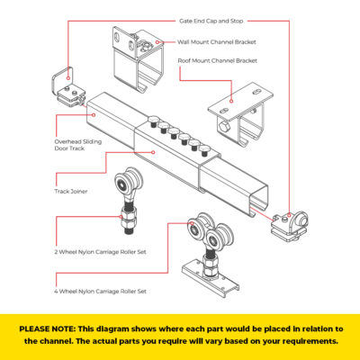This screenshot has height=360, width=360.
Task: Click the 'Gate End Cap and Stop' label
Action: click(211, 21)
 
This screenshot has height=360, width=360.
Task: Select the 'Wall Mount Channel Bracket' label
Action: click(217, 42)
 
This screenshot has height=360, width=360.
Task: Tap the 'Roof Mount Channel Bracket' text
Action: click(218, 60)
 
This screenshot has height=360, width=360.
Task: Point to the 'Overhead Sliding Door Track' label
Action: click(78, 145)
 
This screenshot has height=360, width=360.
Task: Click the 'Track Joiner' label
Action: click(71, 191)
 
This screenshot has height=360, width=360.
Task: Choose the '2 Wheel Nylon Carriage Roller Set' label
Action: click(100, 252)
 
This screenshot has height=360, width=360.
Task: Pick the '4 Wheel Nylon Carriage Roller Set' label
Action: click(100, 291)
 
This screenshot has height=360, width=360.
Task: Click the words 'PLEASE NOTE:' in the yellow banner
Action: click(48, 328)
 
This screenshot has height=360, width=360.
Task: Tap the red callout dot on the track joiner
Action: click(153, 152)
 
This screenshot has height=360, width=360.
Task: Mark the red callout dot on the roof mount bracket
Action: click(231, 101)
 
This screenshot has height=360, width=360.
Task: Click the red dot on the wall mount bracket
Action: click(157, 42)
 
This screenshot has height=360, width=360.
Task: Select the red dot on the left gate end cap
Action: click(68, 78)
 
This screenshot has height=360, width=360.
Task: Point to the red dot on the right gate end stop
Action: click(289, 215)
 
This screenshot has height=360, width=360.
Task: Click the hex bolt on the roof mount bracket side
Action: click(223, 126)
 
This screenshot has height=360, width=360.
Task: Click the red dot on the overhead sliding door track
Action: click(94, 114)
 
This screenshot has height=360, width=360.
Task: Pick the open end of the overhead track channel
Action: click(258, 198)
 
